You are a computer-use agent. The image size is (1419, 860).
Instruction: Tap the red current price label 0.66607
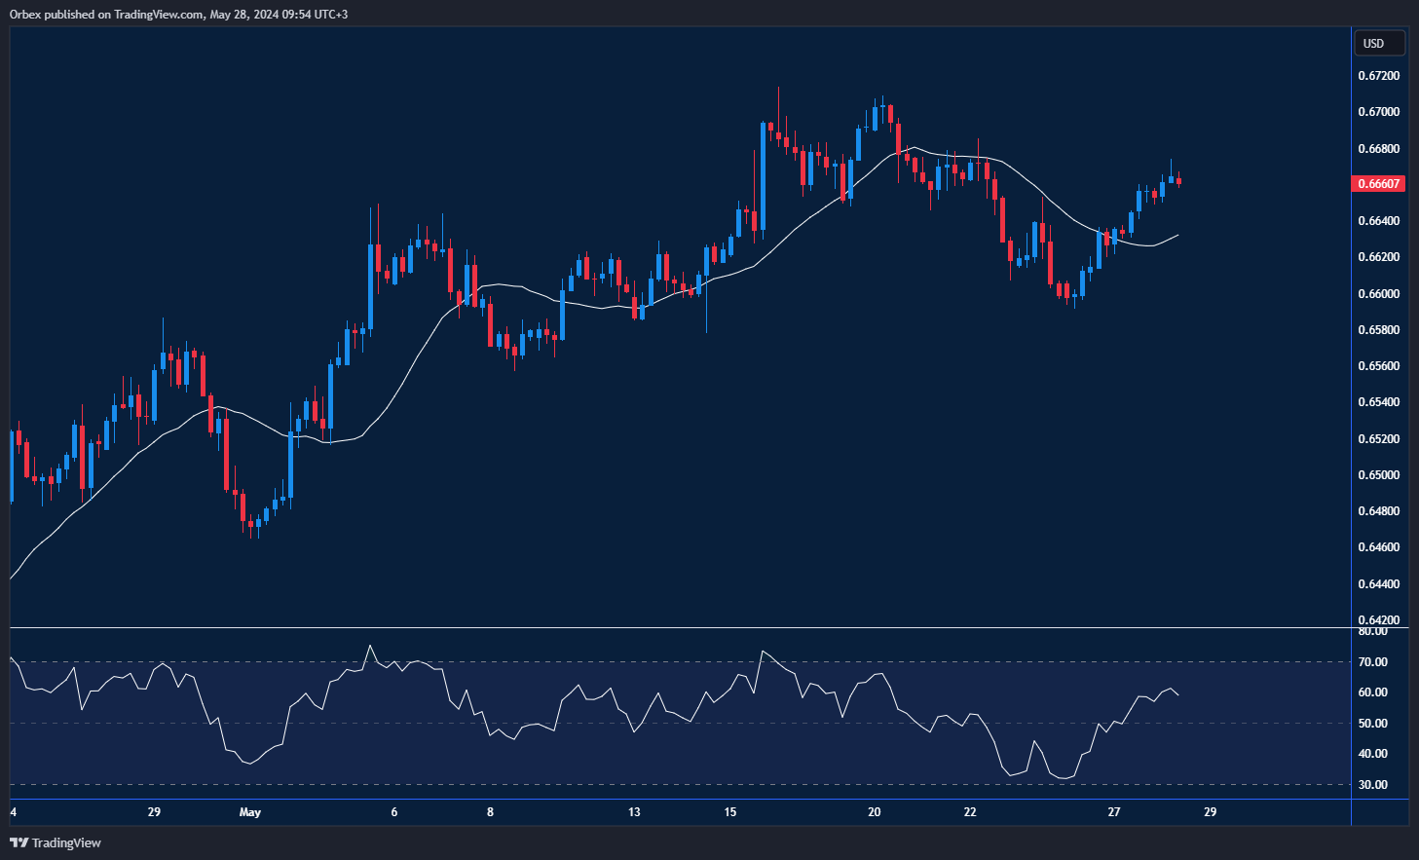coord(1379,184)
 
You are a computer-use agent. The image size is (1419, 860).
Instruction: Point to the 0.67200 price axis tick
coord(1379,76)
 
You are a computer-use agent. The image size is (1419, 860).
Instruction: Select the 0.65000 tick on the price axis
coord(1379,475)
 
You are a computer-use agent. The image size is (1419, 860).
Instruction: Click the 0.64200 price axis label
coord(1379,620)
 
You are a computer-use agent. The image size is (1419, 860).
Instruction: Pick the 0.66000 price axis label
coord(1379,294)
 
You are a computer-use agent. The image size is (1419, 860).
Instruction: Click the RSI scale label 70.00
coord(1373,662)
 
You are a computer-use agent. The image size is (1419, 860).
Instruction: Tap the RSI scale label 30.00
coord(1373,785)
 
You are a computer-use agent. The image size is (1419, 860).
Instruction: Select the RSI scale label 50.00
coord(1373,724)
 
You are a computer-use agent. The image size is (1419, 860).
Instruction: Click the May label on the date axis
coord(250,812)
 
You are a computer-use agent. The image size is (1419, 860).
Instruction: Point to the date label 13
coord(634,812)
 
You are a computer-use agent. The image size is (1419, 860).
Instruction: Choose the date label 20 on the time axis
coord(874,812)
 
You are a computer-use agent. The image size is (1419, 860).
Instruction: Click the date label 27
coord(1114,812)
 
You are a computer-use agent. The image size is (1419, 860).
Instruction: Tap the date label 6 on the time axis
coord(394,812)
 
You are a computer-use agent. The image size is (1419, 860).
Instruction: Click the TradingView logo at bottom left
coord(56,842)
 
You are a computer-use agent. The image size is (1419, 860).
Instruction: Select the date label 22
coord(970,812)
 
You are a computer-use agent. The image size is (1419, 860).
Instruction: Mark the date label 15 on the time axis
coord(730,812)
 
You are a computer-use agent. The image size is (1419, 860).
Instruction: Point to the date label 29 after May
coord(1210,812)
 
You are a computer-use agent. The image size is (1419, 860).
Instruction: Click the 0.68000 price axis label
coord(1379,149)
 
